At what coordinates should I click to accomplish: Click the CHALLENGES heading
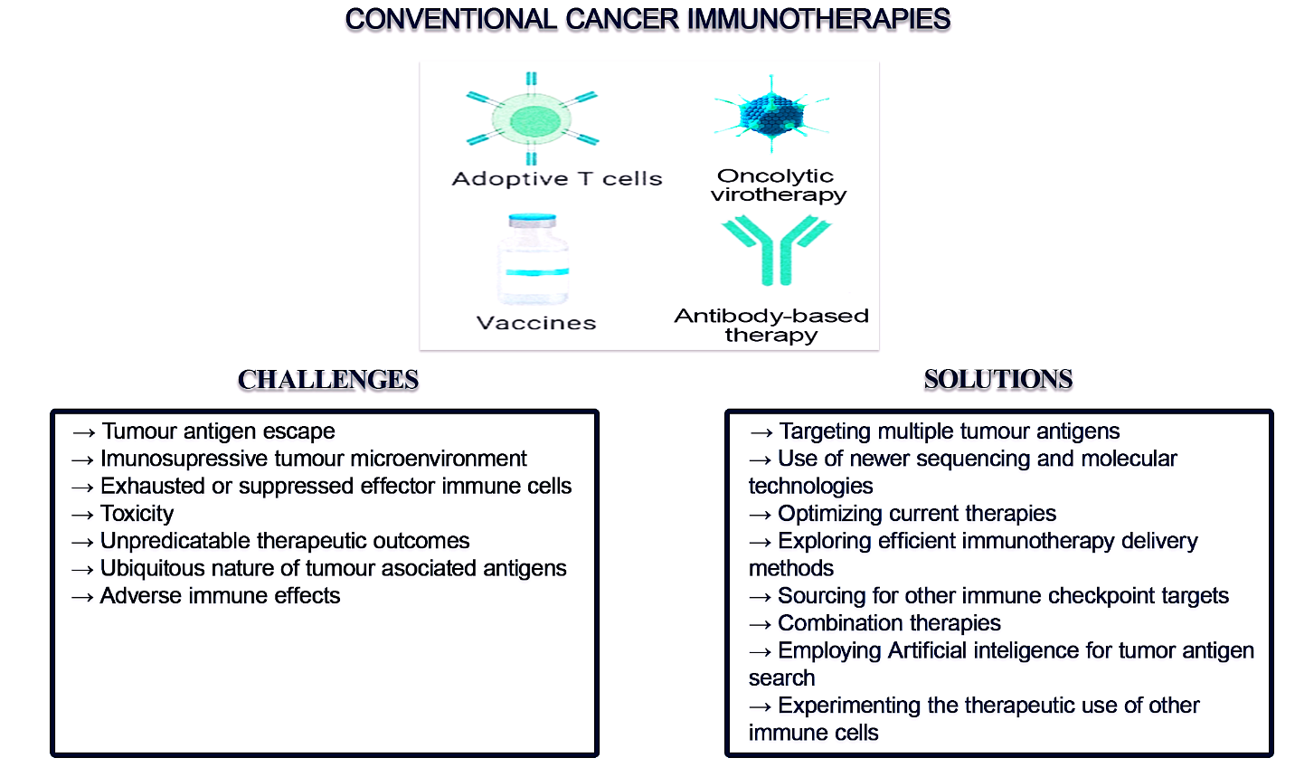(x=328, y=379)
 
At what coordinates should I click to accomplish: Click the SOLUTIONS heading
(x=997, y=379)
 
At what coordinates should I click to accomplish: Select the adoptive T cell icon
(x=533, y=118)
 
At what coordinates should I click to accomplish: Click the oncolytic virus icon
(x=771, y=115)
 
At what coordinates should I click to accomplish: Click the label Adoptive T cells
(x=557, y=179)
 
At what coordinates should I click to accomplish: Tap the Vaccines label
(x=536, y=323)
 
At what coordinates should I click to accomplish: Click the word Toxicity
(x=137, y=514)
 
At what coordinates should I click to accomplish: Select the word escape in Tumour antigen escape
(x=299, y=431)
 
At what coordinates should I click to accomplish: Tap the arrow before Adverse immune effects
(x=82, y=597)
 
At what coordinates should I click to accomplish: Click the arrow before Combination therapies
(x=761, y=624)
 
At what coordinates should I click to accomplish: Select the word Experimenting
(x=849, y=706)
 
